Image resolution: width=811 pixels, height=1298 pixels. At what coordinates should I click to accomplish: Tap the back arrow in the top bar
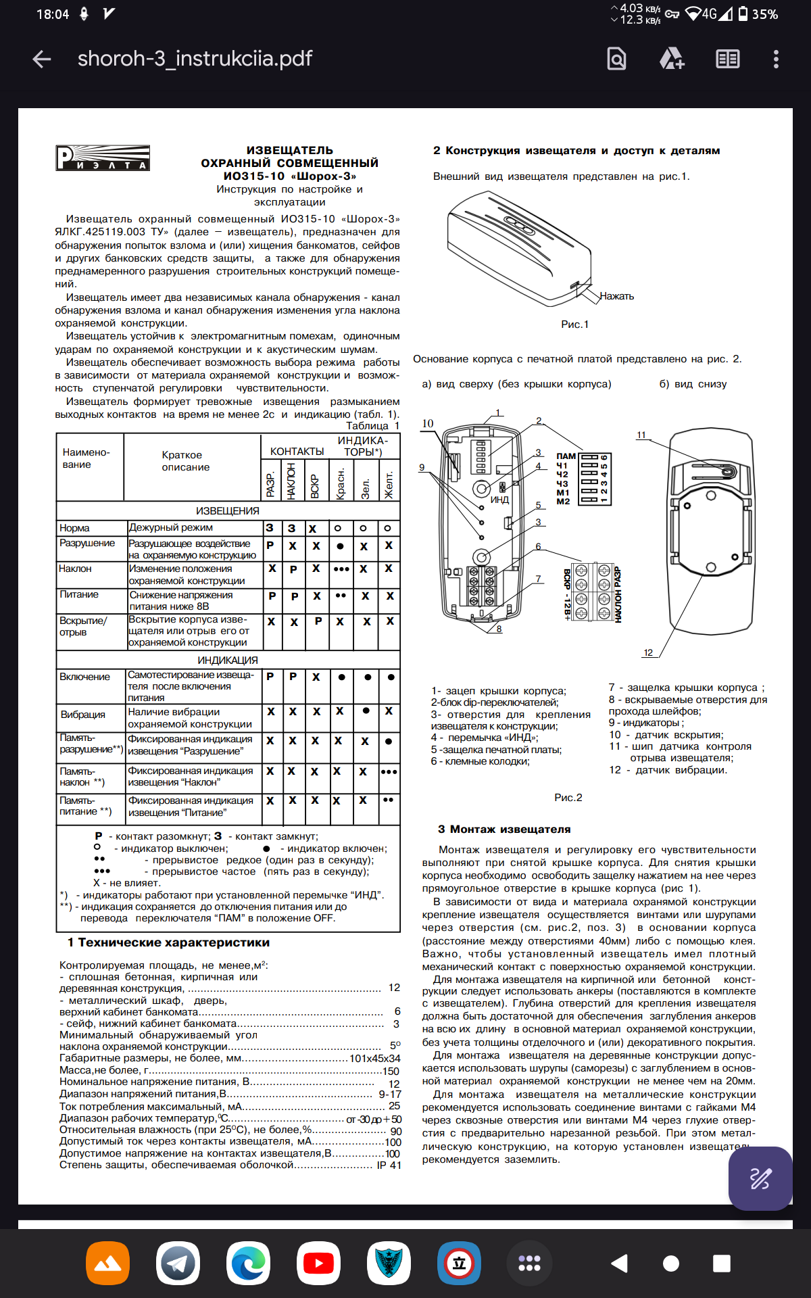pos(42,59)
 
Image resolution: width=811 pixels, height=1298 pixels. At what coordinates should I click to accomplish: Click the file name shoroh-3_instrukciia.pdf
pos(195,59)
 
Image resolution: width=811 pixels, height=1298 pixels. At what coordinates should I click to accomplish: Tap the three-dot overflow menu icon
pos(776,59)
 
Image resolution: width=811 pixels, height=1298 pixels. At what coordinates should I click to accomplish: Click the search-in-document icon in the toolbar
pos(616,59)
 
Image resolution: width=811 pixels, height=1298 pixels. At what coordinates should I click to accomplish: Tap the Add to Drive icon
pos(672,59)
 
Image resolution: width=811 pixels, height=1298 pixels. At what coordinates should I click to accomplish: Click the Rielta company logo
pos(103,158)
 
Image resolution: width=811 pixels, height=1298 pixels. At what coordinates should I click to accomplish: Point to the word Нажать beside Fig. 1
pos(616,296)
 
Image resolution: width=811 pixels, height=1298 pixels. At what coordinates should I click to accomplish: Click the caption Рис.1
pos(574,324)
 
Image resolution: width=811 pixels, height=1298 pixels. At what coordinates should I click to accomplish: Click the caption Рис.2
pos(568,798)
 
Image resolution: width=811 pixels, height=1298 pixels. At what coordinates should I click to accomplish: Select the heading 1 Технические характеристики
pos(168,942)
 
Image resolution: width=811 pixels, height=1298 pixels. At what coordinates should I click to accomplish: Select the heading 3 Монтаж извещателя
pos(504,830)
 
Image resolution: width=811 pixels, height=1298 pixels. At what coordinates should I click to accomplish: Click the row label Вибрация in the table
pos(83,715)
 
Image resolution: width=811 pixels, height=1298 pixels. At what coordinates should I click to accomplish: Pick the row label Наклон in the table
pos(75,569)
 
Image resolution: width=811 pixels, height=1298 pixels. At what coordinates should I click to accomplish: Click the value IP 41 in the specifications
pos(389,1165)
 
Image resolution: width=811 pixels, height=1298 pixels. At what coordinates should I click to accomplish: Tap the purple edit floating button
pos(760,1178)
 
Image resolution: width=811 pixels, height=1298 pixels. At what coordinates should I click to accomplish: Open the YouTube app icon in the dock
pos(318,1263)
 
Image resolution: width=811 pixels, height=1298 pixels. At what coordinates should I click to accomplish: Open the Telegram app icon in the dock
pos(178,1263)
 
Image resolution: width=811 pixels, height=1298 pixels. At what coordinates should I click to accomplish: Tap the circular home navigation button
pos(671,1264)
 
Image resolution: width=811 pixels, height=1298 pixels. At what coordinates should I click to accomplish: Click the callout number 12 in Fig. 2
pos(648,652)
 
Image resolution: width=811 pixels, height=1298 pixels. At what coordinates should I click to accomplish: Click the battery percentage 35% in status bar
pos(765,14)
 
